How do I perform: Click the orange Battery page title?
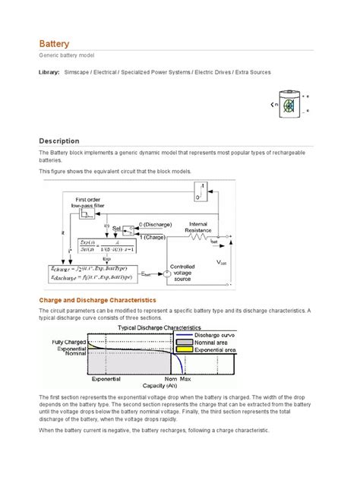pos(54,44)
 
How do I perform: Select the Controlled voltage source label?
pos(187,274)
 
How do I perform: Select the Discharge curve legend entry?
pos(216,335)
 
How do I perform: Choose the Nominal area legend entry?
pos(214,343)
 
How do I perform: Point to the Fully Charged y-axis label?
pos(68,342)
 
